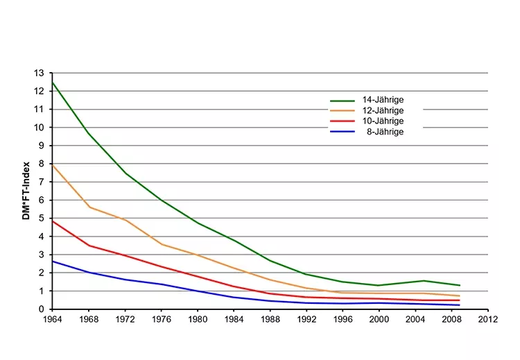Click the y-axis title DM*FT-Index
[x=26, y=191]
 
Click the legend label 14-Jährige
[x=383, y=100]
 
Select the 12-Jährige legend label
[x=383, y=110]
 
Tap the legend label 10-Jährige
[x=383, y=121]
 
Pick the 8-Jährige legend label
[x=385, y=131]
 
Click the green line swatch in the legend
[x=342, y=101]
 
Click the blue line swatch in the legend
[x=342, y=132]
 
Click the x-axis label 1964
[x=52, y=320]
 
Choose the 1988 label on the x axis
[x=270, y=320]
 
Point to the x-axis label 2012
[x=488, y=320]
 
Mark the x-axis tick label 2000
[x=379, y=320]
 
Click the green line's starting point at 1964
[x=53, y=82]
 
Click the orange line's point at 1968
[x=89, y=207]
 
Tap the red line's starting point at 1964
[x=53, y=221]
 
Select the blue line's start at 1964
[x=53, y=262]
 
